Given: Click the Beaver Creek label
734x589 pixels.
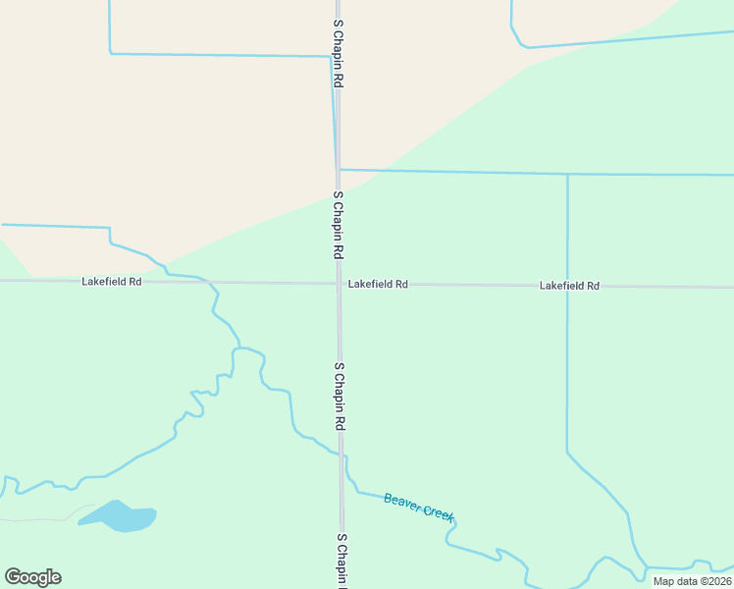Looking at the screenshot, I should [x=419, y=507].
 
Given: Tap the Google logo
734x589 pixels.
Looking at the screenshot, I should [x=33, y=576].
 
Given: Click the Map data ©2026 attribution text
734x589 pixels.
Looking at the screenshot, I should [x=693, y=581].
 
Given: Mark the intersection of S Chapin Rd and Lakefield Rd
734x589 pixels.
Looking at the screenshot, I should [x=340, y=284].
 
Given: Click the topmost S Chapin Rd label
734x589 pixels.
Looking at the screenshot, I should [x=338, y=54].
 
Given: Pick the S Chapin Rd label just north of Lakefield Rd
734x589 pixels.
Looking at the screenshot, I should [x=338, y=225].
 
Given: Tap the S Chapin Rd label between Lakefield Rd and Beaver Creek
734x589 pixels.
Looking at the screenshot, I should [x=340, y=397].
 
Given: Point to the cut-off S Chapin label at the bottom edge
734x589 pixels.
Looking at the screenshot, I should [x=342, y=561].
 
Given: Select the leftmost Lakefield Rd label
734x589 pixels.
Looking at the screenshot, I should [x=112, y=282].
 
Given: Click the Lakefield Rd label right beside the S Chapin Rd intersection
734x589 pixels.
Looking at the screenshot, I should [x=378, y=285].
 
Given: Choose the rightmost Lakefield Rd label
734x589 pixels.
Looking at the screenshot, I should [x=569, y=286].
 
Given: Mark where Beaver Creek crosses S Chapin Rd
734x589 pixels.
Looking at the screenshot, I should [x=341, y=455].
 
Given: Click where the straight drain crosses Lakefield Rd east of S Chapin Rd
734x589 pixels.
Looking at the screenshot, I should [x=567, y=287].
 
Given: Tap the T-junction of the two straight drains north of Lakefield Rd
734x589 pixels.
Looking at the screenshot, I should [x=567, y=174].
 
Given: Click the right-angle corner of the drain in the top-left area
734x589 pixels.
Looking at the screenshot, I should [x=110, y=53].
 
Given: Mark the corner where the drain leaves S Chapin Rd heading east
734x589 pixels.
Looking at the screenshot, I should [x=339, y=170].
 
